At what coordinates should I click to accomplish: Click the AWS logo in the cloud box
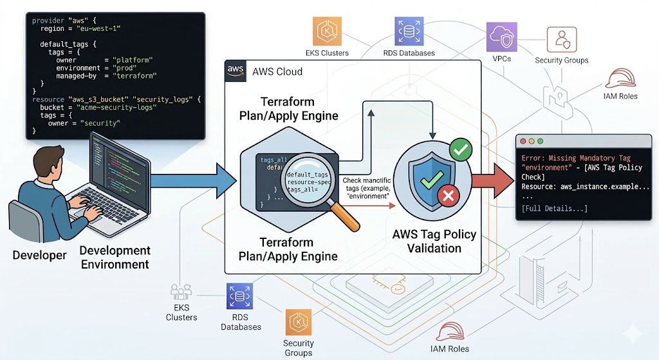pos(236,71)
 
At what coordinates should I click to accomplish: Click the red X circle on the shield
pos(447,196)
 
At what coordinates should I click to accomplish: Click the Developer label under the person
pos(39,255)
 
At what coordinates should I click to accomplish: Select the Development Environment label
pos(115,257)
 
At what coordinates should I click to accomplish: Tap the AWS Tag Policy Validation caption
pos(434,241)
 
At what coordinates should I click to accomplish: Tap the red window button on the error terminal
pos(523,141)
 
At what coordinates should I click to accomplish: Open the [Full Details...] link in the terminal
pos(554,208)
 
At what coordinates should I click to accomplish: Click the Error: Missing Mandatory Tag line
pos(576,158)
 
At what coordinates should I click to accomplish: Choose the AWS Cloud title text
pos(277,71)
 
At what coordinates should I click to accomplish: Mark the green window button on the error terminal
pos(540,141)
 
